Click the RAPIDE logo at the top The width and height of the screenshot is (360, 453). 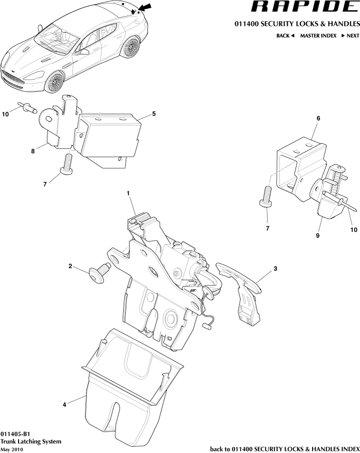(x=304, y=7)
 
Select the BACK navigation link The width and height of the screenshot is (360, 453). (x=285, y=36)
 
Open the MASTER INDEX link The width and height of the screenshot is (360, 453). (x=318, y=36)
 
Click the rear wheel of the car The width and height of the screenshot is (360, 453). (x=132, y=48)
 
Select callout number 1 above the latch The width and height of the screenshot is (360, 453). (x=128, y=193)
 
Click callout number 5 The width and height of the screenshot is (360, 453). (x=154, y=114)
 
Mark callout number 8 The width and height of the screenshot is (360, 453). (x=33, y=151)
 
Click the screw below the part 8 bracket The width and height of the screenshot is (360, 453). (x=66, y=164)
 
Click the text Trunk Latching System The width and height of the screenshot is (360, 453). (x=31, y=441)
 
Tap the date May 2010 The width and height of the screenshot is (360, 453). (x=12, y=449)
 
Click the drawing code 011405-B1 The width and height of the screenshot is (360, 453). (x=16, y=433)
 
